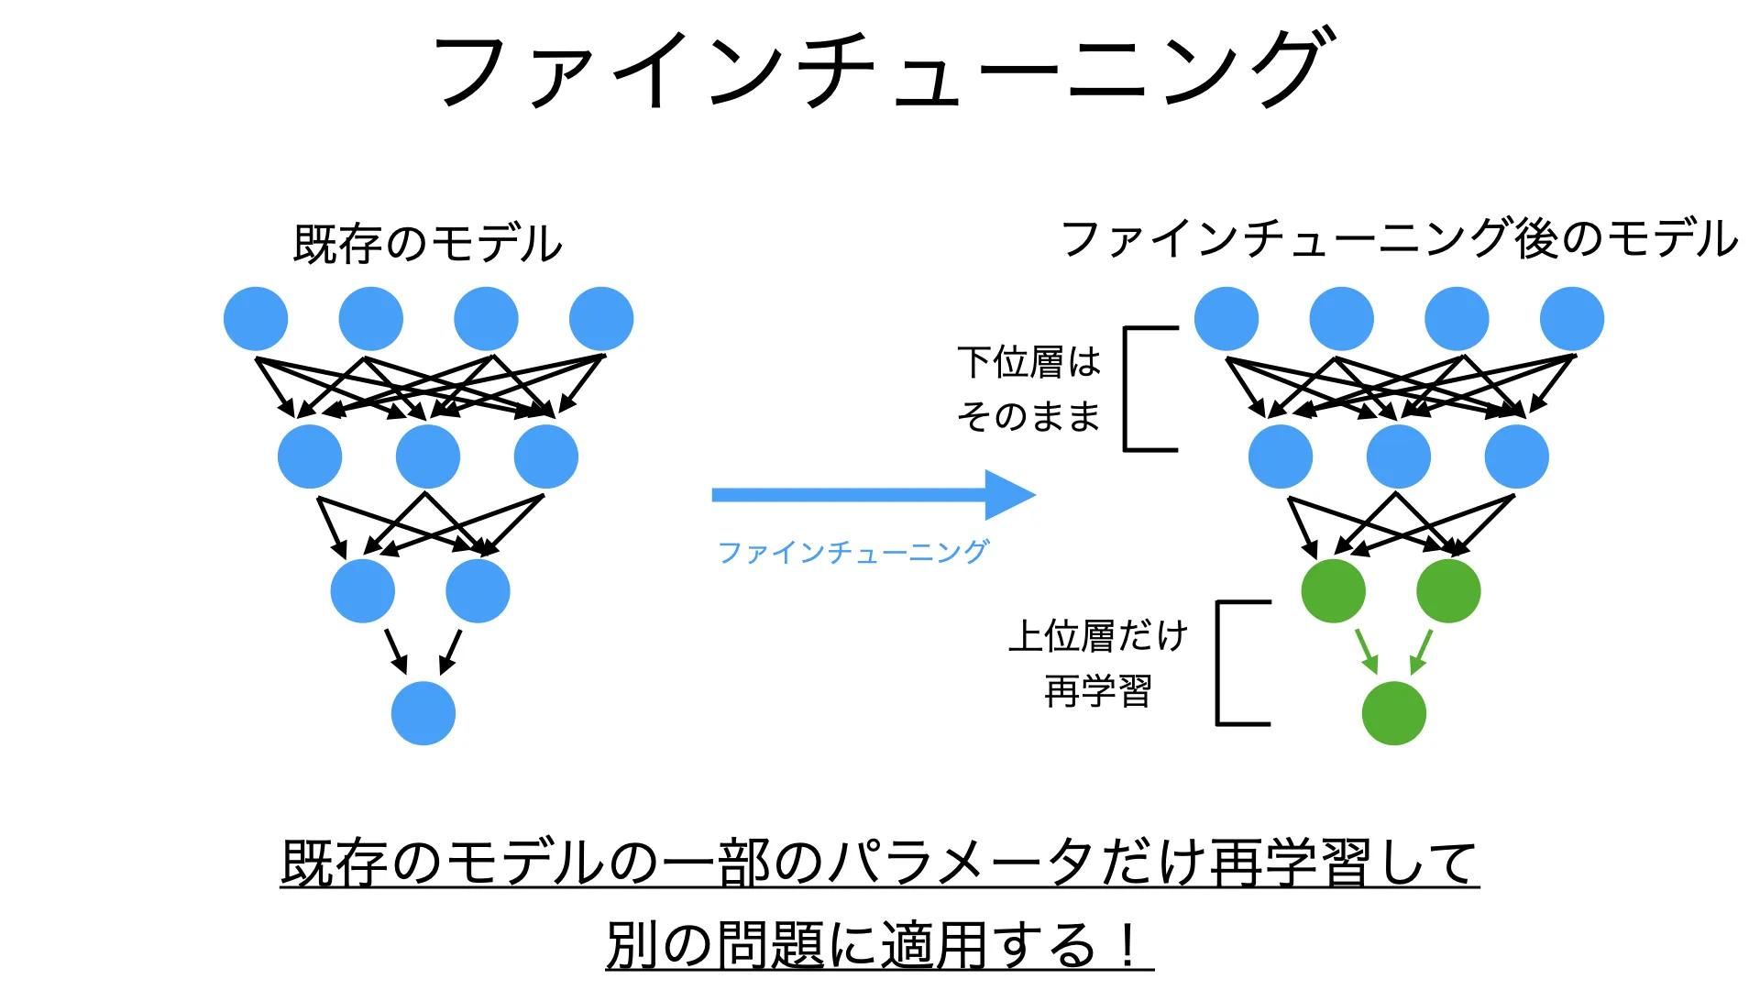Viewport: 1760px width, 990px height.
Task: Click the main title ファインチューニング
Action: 880,69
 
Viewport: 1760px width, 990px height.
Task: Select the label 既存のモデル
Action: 427,244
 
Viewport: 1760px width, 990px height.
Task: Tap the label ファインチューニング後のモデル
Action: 1399,238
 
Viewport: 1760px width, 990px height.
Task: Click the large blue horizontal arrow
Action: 871,495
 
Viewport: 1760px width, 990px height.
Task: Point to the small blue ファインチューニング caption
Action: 852,552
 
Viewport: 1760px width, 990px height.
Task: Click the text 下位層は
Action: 1028,362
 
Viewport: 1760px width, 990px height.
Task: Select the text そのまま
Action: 1028,417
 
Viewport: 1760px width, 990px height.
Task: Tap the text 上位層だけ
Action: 1098,635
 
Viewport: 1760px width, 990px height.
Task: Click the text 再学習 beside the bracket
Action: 1098,690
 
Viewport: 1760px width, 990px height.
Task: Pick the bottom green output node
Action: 1393,713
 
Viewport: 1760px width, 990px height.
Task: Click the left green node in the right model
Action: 1333,591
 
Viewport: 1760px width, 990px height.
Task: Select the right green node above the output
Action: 1448,591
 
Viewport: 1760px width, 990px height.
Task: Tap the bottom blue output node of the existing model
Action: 423,713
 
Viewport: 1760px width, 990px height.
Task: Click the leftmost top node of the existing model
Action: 256,319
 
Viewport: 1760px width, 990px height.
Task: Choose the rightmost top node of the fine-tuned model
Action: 1571,319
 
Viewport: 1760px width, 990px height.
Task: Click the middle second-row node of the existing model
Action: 428,456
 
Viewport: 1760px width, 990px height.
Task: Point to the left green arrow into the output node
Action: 1367,650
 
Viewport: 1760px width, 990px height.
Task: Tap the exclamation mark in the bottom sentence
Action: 1128,944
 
